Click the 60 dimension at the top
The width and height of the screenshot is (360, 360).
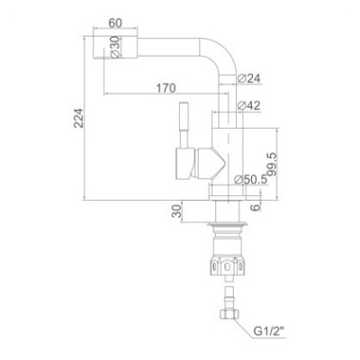[x=115, y=23]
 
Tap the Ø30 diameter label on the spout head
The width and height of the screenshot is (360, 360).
[x=115, y=47]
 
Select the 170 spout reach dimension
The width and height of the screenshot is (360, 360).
[x=166, y=88]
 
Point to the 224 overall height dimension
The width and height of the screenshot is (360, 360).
[x=79, y=118]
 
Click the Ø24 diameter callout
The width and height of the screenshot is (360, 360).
[x=248, y=78]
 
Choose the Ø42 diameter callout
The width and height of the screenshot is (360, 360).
[x=248, y=105]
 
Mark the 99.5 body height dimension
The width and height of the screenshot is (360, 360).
[x=272, y=164]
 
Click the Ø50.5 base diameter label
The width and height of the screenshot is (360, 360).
[x=250, y=179]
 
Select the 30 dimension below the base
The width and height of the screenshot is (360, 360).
[x=176, y=211]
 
